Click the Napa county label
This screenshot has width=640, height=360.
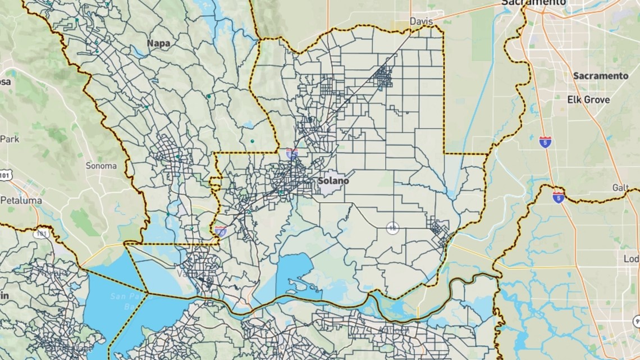(158, 43)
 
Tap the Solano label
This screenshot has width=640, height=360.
(333, 181)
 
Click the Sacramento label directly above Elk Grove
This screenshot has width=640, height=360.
(600, 76)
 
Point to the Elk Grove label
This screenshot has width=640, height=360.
(589, 99)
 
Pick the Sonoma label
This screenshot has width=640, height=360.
(100, 166)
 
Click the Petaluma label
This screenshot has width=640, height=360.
(21, 200)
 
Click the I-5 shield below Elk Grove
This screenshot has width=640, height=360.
(545, 142)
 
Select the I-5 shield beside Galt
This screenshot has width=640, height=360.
(558, 197)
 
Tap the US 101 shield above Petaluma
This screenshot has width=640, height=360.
(6, 175)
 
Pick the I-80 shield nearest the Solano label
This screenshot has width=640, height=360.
(291, 154)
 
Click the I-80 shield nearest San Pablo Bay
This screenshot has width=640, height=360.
(221, 230)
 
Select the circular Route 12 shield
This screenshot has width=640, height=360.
(392, 227)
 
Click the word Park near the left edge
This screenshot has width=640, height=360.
(10, 138)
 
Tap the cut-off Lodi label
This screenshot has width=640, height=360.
(631, 259)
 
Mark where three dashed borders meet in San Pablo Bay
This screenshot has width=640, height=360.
(148, 292)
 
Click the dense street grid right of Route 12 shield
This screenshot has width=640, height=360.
(438, 230)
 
